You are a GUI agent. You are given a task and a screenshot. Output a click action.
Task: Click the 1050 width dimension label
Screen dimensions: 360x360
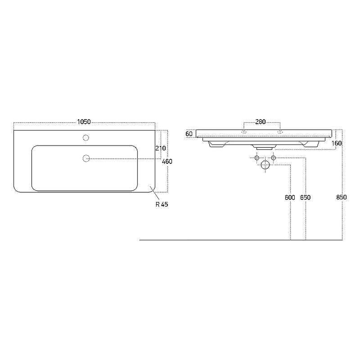[x=84, y=121]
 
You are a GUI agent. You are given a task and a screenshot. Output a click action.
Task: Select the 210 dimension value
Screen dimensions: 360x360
[x=161, y=148]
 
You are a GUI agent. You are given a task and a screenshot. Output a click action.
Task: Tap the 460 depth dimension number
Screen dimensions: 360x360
[x=167, y=162]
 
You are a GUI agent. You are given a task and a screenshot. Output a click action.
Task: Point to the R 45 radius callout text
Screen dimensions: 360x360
[x=162, y=204]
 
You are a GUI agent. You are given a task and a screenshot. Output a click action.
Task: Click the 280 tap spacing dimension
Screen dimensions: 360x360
[x=261, y=121]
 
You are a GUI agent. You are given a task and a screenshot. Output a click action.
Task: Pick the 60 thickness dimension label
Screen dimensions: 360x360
[x=189, y=134]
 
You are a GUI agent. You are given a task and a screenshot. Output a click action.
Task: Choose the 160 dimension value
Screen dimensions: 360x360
[x=337, y=143]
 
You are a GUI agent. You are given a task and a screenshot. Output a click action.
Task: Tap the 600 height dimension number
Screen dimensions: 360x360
[x=290, y=198]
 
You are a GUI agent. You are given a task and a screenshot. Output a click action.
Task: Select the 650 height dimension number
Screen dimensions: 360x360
[x=306, y=198]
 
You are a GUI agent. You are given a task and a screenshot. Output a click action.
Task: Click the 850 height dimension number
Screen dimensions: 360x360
[x=342, y=197]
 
